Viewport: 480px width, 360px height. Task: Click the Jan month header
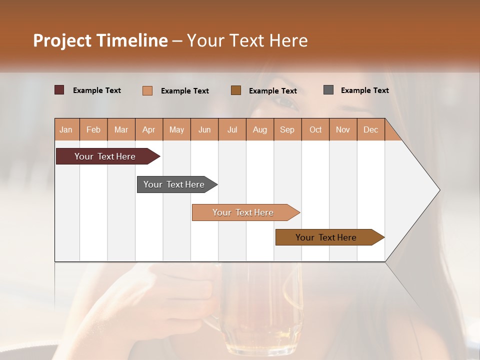point(66,129)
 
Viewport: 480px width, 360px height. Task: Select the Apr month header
point(149,129)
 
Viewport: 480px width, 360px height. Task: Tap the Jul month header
point(232,129)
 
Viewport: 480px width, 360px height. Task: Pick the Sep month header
point(287,129)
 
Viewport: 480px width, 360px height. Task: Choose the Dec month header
point(370,129)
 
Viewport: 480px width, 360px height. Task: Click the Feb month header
point(93,129)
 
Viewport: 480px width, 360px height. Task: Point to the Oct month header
point(315,129)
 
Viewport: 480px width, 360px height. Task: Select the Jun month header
point(204,129)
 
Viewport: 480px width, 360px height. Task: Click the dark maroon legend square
point(59,90)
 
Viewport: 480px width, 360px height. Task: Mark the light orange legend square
point(147,90)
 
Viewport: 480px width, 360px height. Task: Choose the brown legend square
point(236,90)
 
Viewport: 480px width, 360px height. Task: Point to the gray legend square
point(328,90)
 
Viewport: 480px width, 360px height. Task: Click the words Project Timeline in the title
point(100,40)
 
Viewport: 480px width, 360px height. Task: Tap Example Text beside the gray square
point(364,90)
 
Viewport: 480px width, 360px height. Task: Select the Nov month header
point(343,129)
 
